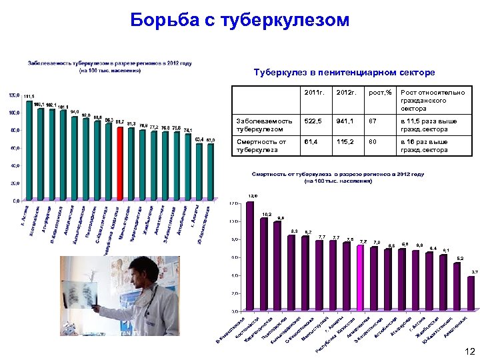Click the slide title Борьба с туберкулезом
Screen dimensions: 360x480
[x=240, y=21]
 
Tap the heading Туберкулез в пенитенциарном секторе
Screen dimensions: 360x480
[x=344, y=71]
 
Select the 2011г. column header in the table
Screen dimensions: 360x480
[x=313, y=92]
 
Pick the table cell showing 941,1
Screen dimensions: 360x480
[x=347, y=121]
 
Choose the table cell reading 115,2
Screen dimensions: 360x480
[x=346, y=142]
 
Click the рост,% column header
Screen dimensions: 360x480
[x=379, y=92]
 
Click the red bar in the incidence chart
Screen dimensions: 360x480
[x=120, y=163]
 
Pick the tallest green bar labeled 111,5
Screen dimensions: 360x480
[x=29, y=150]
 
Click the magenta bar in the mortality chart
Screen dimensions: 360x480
[x=361, y=277]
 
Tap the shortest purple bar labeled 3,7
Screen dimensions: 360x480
[x=471, y=293]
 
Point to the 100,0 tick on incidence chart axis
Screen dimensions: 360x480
[x=14, y=113]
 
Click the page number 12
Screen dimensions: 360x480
[x=469, y=351]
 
